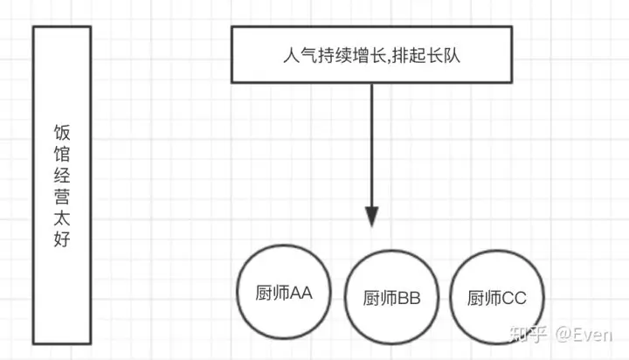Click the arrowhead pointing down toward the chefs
pos(373,217)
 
